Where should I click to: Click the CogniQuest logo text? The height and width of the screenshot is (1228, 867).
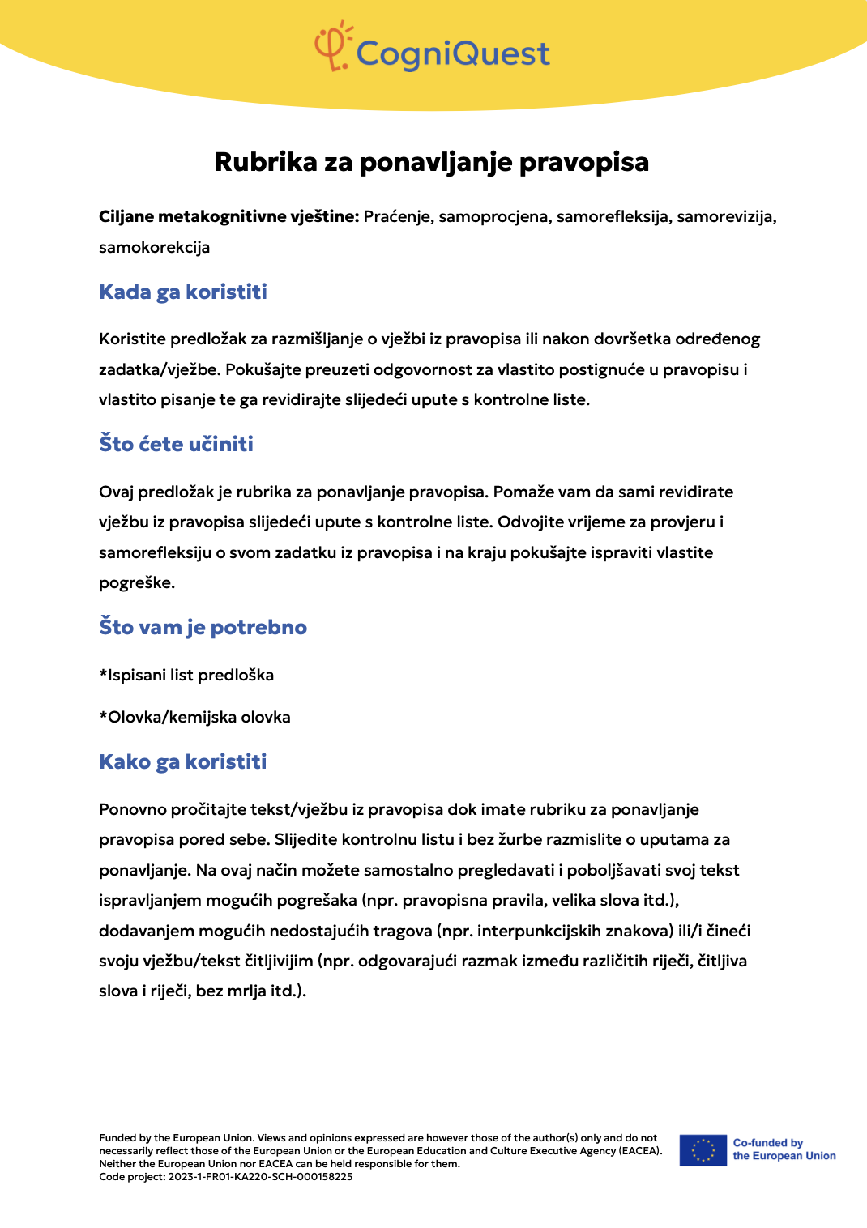(453, 53)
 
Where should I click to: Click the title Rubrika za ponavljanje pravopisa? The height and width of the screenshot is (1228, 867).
(432, 162)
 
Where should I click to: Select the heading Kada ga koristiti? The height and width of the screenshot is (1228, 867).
(183, 292)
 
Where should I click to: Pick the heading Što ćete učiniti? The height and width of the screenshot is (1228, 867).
(176, 444)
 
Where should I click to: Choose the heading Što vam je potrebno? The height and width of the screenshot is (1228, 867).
(203, 627)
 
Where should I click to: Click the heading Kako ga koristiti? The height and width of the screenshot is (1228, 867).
(182, 761)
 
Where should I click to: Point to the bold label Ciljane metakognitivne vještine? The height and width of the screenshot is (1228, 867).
(228, 217)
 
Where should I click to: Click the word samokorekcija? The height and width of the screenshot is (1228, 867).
(154, 247)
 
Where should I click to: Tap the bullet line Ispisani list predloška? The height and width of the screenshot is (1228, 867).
(186, 675)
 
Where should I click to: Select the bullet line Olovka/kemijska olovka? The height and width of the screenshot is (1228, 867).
(194, 717)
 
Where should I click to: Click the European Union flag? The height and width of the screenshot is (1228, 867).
(703, 1150)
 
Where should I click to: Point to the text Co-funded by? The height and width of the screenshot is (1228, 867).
(767, 1143)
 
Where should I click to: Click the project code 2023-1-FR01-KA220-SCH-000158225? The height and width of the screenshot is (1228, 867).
(260, 1177)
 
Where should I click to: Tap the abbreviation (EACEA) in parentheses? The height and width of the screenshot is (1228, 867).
(640, 1151)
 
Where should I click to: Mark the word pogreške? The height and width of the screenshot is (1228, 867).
(136, 582)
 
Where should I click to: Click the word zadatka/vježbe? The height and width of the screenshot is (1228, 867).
(159, 369)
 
